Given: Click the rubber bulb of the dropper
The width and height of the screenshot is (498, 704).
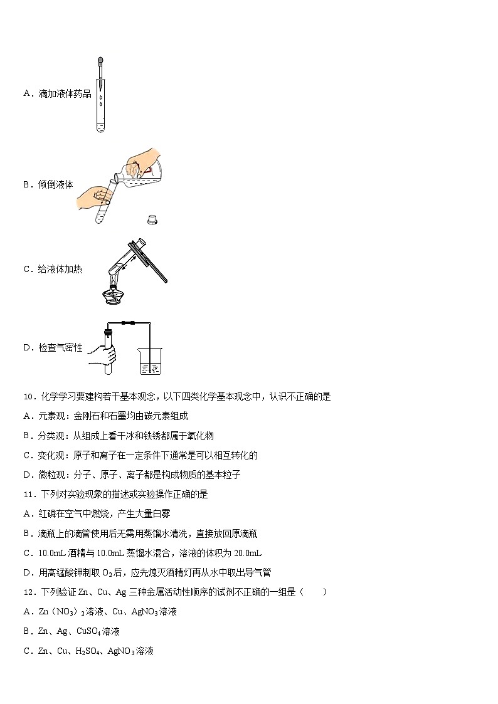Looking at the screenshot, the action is coord(100,60).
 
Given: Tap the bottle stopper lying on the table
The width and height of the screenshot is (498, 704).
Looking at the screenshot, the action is coord(152,219).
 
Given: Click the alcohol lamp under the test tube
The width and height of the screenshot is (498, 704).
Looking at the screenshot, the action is coord(113,295).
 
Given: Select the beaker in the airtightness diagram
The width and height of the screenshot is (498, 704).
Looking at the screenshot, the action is coord(151,361).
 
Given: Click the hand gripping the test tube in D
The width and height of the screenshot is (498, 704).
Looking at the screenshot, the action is coord(102,355).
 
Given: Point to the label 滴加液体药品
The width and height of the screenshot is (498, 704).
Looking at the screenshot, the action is coord(65,94).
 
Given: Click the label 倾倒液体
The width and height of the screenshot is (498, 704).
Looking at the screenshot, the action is coord(56,184).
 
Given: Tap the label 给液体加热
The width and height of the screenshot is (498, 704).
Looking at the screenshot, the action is coord(60,270).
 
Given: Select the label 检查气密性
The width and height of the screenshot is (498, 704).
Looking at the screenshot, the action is coord(60,347).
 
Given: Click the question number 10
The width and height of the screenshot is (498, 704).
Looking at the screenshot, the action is coord(29,396).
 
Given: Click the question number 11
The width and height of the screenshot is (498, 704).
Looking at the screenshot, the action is coord(29,495).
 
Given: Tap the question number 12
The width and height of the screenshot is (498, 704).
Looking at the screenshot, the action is coord(29,592).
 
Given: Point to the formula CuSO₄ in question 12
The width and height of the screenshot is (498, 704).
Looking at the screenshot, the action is coord(88,631).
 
